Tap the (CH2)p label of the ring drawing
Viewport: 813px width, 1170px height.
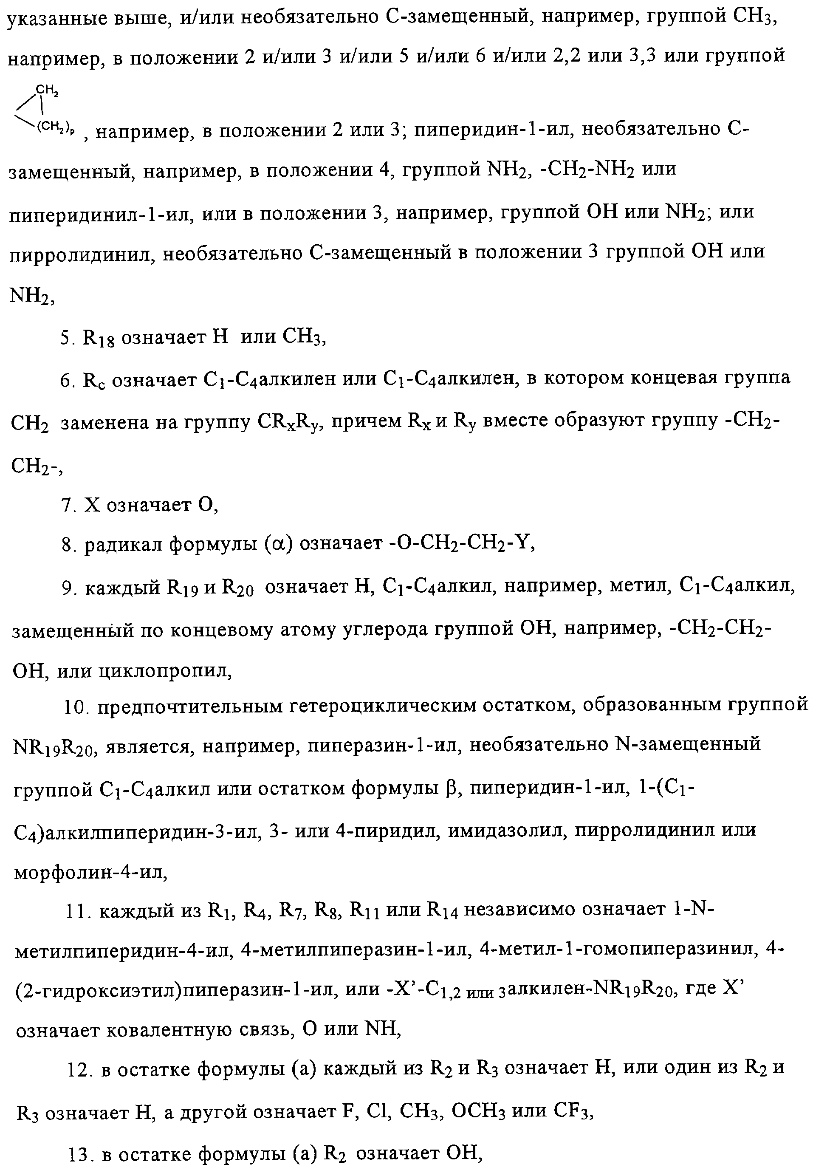click(56, 128)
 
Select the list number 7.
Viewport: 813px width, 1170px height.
click(68, 505)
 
